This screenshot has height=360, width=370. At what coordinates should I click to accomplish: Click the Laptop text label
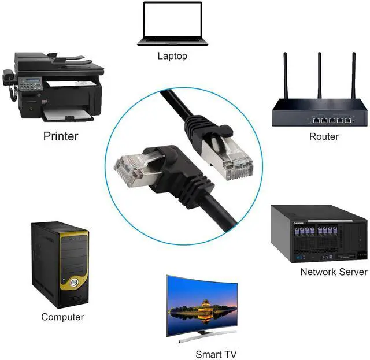pyautogui.click(x=172, y=56)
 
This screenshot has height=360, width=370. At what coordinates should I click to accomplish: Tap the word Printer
pyautogui.click(x=60, y=136)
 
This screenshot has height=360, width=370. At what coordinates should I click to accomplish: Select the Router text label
pyautogui.click(x=324, y=136)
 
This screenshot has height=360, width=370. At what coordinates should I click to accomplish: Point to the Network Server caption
pyautogui.click(x=334, y=272)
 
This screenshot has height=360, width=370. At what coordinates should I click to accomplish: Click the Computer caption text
pyautogui.click(x=62, y=317)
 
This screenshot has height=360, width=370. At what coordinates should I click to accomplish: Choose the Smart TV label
pyautogui.click(x=216, y=354)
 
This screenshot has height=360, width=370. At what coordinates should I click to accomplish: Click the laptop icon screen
pyautogui.click(x=172, y=20)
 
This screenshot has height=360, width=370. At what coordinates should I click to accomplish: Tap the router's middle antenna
pyautogui.click(x=319, y=76)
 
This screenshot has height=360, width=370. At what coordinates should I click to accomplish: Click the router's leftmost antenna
pyautogui.click(x=285, y=76)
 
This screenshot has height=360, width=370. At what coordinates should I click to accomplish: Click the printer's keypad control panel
pyautogui.click(x=30, y=84)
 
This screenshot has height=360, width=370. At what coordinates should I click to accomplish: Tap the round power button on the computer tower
pyautogui.click(x=74, y=283)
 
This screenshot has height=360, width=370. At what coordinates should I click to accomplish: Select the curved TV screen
pyautogui.click(x=202, y=303)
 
